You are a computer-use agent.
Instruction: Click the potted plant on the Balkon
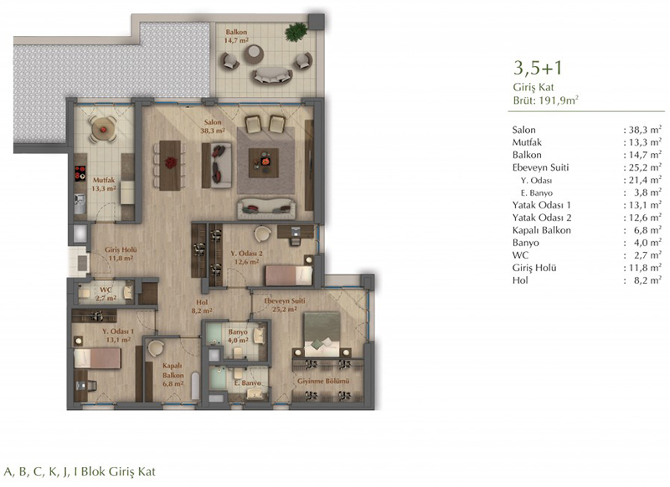coord(296,32)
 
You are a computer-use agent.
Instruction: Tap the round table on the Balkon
coord(254,54)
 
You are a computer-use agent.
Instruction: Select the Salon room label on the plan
coord(213,126)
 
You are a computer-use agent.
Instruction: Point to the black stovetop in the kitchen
coord(80,173)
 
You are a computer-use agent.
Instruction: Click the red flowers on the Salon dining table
coord(171,162)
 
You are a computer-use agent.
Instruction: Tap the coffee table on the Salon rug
coord(264,162)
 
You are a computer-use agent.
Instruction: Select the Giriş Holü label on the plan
coord(121,254)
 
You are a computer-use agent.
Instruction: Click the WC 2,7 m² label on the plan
coord(106,294)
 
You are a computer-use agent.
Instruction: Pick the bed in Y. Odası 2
coord(289,275)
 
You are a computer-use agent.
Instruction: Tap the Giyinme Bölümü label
coord(323,381)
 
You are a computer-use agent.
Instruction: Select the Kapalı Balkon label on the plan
coord(173,375)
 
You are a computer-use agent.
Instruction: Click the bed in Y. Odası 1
coord(97,358)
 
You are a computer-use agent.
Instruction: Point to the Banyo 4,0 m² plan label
coord(238,336)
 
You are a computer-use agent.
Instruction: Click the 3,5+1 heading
coord(538,68)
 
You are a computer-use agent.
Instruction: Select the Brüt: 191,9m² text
coord(546,100)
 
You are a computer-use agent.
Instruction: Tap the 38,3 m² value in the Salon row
coord(645,130)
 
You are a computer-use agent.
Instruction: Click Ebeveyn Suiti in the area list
coord(540,167)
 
